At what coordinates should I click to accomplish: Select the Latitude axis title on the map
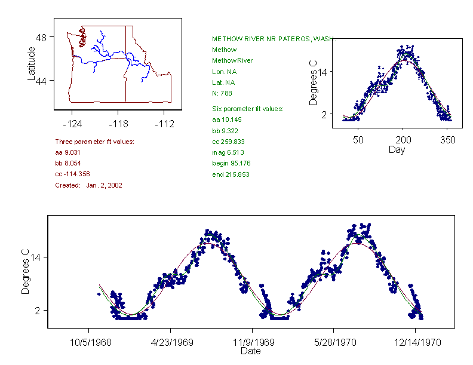pos(32,63)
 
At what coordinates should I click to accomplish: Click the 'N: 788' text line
pos(222,93)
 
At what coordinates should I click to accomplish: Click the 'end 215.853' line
pos(231,174)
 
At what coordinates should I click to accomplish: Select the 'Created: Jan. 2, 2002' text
pos(88,185)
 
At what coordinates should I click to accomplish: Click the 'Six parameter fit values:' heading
pos(248,109)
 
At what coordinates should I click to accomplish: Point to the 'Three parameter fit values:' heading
pos(94,142)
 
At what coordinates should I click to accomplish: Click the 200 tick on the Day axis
pos(403,140)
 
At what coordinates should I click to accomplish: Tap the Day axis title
pos(396,149)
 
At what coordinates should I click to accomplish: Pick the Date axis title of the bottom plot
pos(251,351)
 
